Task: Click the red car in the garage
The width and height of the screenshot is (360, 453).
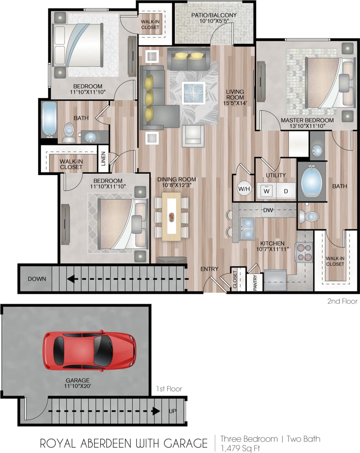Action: coord(89,351)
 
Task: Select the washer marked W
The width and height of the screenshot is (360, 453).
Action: coord(266,191)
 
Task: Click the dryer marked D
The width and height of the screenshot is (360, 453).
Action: coord(286,191)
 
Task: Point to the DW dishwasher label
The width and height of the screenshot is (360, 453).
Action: coord(268,210)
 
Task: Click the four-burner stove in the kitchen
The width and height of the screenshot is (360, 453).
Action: coord(304,252)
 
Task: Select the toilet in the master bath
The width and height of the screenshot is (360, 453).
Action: coord(309,216)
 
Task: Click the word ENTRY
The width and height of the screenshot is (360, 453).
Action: coord(209,269)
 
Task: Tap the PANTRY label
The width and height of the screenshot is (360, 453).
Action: coord(255,283)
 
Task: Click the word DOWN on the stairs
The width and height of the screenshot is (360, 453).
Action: coord(37,279)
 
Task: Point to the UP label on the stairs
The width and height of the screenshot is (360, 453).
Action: coord(173,411)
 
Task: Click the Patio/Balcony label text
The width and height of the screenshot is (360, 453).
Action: coord(214,18)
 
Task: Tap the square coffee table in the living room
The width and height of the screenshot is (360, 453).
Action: coord(193,92)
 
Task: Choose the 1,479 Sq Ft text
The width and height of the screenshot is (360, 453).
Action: coord(240,448)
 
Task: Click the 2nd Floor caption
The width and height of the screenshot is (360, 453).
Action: coord(342,301)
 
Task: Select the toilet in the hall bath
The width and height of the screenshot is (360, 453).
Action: coord(68,132)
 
